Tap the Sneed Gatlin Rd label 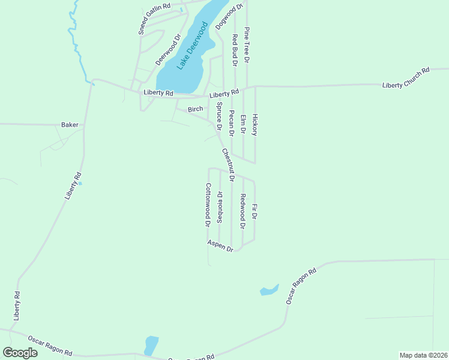point(154,19)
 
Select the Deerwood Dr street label point(168,50)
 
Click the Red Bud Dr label point(235,49)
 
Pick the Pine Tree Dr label point(247,44)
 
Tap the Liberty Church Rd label point(406,78)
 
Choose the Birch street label point(195,109)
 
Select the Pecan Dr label point(231,122)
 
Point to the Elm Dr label point(243,124)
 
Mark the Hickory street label point(255,124)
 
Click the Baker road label point(70,125)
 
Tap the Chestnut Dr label point(228,165)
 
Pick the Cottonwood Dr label point(208,204)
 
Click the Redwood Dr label point(243,212)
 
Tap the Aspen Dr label point(220,245)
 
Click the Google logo point(20,352)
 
